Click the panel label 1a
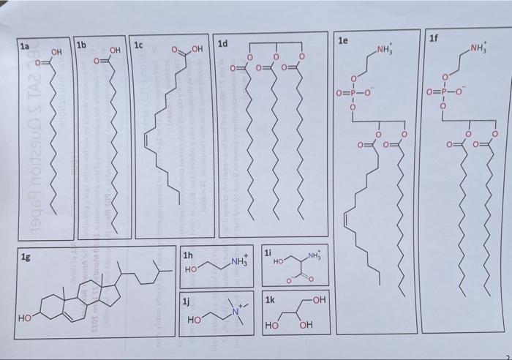coord(26,46)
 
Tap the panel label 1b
coord(82,45)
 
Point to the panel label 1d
coord(223,44)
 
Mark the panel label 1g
coord(27,256)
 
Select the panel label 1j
coord(187,301)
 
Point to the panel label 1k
coord(270,300)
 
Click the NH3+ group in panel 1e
coord(385,50)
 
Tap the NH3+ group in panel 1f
coord(480,50)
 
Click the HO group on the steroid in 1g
coord(26,319)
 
